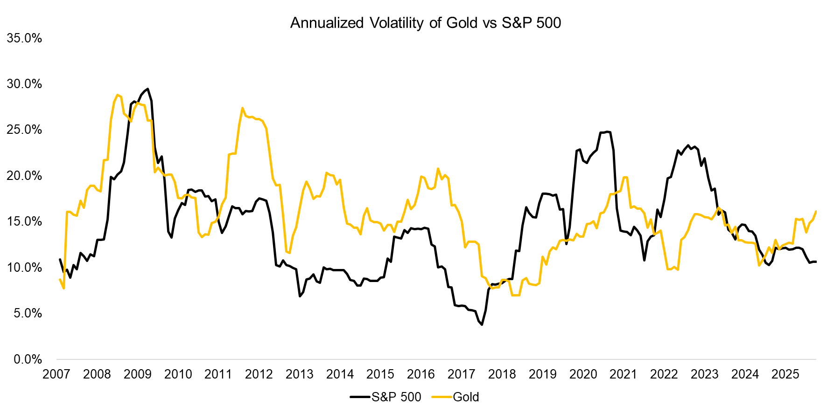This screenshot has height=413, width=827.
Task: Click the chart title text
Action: click(x=425, y=23)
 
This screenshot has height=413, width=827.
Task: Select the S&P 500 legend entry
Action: click(x=386, y=397)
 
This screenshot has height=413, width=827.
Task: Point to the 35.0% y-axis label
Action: click(x=24, y=38)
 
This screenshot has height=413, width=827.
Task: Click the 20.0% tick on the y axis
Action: click(x=24, y=176)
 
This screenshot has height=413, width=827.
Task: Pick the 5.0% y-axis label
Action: click(x=27, y=313)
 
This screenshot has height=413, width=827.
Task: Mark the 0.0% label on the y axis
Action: click(x=27, y=359)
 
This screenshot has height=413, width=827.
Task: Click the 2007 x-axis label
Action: click(x=56, y=374)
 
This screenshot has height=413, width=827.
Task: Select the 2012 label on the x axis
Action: click(x=259, y=374)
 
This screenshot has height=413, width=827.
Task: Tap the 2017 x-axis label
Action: click(x=461, y=374)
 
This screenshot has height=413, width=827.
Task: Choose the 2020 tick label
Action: click(x=583, y=374)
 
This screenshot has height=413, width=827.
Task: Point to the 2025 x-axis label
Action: click(x=785, y=374)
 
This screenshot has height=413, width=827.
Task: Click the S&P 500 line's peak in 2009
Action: click(x=147, y=89)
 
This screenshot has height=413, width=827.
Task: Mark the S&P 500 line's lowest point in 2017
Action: click(x=482, y=324)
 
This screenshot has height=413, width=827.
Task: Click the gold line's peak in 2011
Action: click(x=242, y=108)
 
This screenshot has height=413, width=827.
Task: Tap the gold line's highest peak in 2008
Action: click(x=117, y=95)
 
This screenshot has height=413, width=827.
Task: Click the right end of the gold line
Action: click(x=816, y=212)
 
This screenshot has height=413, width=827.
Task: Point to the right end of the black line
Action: click(x=816, y=262)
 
